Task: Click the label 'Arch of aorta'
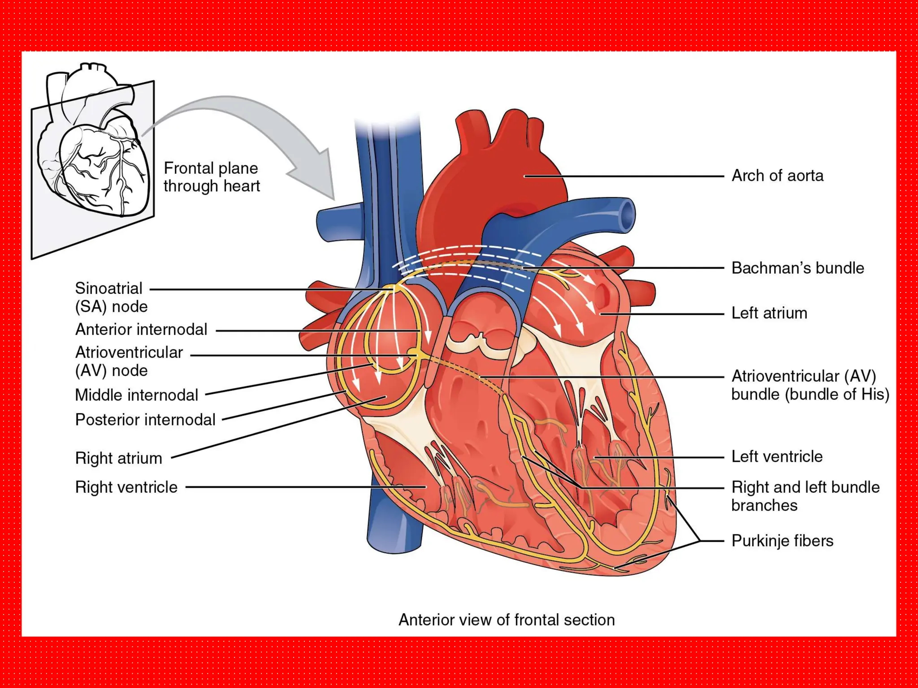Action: coord(777,176)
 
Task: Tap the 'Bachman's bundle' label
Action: coord(797,268)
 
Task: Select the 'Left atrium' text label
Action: coord(769,313)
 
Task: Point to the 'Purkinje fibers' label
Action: coord(782,541)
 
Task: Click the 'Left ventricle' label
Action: coord(777,456)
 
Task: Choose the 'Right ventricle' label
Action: coord(126,487)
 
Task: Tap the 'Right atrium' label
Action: coord(119,458)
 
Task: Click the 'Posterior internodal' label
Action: coord(145,420)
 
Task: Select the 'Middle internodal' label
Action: coord(136,395)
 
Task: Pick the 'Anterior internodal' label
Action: coord(141,330)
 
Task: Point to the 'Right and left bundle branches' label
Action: coord(805,496)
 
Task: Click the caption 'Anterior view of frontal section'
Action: coord(507,620)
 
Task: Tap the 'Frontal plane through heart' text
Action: coord(211,177)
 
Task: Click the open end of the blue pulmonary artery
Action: coord(626,215)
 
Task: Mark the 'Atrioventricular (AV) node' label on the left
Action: coord(129,361)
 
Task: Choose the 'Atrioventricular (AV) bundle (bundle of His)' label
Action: coord(810,385)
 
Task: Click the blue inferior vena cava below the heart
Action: coord(394,529)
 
